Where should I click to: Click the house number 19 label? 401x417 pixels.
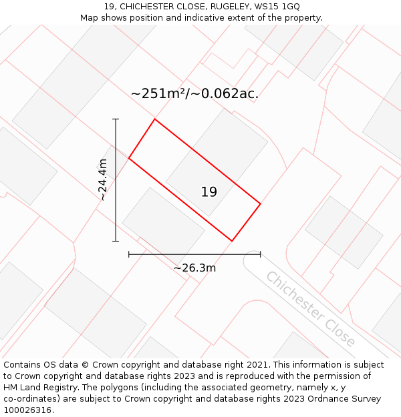(209, 192)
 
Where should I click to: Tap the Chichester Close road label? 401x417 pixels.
(310, 309)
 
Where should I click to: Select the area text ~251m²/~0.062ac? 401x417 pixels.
(194, 93)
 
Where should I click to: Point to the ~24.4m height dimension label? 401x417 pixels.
(102, 179)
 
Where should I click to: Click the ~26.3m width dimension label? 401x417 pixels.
(194, 268)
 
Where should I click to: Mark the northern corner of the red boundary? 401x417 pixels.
(155, 119)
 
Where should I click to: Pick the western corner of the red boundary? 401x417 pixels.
(129, 158)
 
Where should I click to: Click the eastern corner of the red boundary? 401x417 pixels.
(260, 203)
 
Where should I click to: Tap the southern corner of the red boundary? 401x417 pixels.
(232, 241)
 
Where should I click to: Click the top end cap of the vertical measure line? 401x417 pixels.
(116, 119)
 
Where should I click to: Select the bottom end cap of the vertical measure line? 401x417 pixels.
(116, 241)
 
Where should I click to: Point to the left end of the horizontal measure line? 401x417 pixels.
(129, 254)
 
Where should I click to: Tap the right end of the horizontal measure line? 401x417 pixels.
(260, 254)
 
